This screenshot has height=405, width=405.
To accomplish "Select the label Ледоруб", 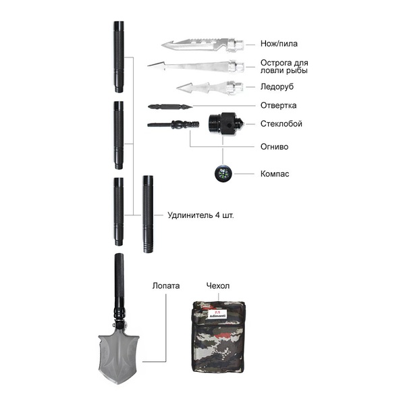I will point(277,86).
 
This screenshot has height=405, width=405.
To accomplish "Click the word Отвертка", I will point(278,105).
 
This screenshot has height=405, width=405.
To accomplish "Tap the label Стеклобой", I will point(281,124).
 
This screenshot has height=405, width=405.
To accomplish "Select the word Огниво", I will point(275,145).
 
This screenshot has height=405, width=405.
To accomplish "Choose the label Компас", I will point(275,174).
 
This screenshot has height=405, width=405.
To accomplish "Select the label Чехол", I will point(217,286).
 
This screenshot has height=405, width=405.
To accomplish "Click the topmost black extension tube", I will point(119,57).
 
